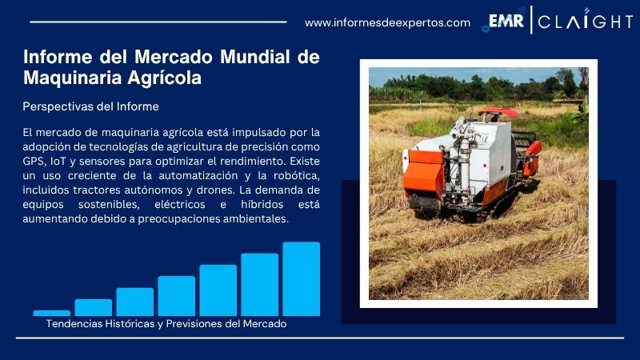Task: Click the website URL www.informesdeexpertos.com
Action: tap(387, 22)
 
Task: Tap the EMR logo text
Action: tap(506, 21)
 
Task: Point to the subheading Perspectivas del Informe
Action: tap(90, 106)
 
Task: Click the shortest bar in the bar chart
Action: tap(51, 313)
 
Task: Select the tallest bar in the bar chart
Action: tap(301, 278)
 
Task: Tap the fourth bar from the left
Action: tap(176, 295)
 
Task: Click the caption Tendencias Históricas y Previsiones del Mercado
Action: tap(166, 324)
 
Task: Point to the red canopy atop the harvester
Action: tap(498, 111)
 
